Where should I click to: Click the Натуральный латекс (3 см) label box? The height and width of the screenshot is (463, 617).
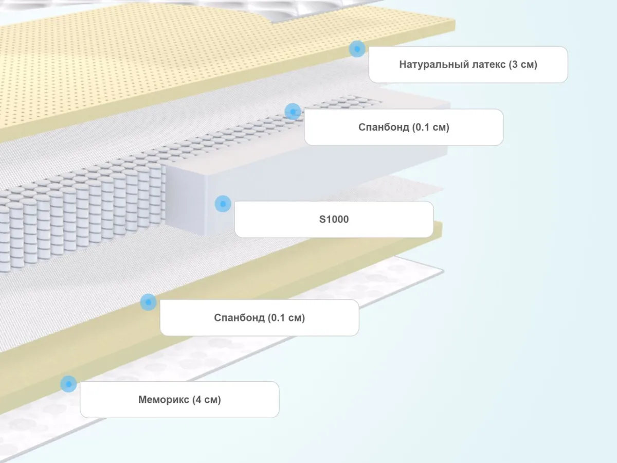click(468, 64)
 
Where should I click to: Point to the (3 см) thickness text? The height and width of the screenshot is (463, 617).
click(523, 65)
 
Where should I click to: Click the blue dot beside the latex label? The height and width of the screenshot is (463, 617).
click(357, 49)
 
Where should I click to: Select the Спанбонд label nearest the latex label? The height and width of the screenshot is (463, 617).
click(404, 127)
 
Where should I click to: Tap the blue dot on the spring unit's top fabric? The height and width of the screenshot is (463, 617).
click(293, 111)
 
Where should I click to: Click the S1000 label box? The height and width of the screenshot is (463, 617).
click(334, 219)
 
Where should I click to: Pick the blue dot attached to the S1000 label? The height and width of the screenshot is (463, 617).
click(223, 204)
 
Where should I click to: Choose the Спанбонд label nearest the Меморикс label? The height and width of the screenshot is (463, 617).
click(259, 317)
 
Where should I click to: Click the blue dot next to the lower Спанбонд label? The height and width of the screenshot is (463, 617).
click(148, 302)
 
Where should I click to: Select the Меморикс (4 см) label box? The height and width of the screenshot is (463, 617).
click(179, 399)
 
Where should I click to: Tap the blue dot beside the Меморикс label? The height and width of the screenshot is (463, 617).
click(68, 384)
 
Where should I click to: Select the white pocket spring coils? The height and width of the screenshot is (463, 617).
click(77, 216)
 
